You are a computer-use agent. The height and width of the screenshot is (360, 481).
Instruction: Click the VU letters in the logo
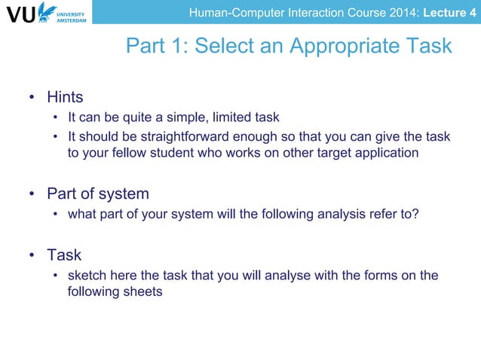(20, 14)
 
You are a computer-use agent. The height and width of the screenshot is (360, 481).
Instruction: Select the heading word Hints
(65, 97)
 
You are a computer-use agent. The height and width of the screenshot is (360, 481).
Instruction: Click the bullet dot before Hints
(32, 98)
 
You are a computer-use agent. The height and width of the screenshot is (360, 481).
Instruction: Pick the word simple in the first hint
(188, 117)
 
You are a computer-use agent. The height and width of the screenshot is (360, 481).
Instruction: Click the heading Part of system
(98, 194)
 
